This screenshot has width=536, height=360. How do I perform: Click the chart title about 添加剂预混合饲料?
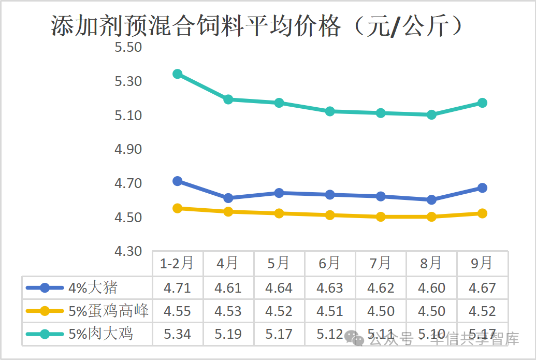coord(256,26)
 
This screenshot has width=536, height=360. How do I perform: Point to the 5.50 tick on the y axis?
coord(128,48)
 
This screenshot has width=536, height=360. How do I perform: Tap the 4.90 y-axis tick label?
coord(128,150)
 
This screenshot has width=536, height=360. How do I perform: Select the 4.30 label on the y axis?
coord(128,251)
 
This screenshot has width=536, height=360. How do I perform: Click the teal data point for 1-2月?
coord(177,74)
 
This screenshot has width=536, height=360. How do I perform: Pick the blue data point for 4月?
coord(228,198)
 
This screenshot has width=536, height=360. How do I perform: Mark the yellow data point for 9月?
coord(482,213)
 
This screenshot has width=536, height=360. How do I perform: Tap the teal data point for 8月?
coord(431,114)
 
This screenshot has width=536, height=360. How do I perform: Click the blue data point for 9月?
coord(482,188)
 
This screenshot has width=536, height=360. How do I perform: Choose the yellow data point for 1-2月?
coord(177,208)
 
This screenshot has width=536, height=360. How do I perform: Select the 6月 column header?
coord(329,264)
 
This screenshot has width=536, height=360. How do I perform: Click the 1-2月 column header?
coord(177,264)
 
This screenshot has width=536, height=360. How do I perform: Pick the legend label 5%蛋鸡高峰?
coord(109,311)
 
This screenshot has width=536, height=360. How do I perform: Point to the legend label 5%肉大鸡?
coord(100,334)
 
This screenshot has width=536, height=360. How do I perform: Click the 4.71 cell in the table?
coord(177,287)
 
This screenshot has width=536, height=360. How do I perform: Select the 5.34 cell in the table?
coord(177,334)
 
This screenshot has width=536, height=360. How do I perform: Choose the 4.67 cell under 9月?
coord(482,287)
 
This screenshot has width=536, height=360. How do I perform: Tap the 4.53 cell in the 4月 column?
coord(228,311)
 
